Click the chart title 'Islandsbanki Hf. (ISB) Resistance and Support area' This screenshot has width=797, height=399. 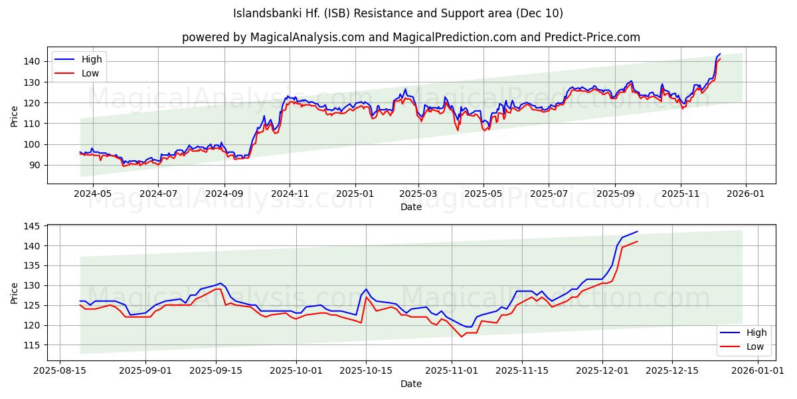[398, 13]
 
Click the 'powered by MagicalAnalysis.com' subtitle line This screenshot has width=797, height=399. [411, 37]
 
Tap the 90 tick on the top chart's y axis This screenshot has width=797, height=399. [36, 165]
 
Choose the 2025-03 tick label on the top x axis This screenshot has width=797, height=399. [418, 194]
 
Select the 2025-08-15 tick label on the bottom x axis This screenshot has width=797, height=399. [60, 370]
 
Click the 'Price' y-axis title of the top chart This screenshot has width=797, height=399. [15, 116]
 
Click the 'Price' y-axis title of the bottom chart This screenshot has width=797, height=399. [15, 293]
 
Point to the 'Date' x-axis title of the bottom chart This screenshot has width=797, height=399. [411, 384]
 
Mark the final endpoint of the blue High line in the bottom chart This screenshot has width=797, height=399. [637, 231]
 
